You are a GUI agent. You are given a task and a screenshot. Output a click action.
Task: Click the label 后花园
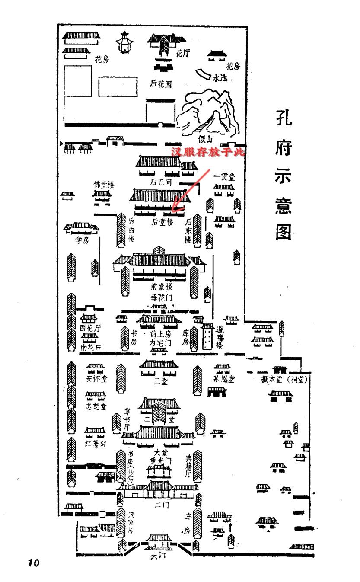click(x=161, y=84)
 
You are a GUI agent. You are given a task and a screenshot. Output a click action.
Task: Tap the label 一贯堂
click(x=225, y=176)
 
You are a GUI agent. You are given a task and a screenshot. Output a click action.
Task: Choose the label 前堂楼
click(x=161, y=286)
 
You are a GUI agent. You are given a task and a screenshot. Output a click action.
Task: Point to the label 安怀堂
click(x=97, y=379)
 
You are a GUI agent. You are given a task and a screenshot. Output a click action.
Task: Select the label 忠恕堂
click(x=96, y=406)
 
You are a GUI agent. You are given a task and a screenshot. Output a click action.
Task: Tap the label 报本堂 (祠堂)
click(x=284, y=379)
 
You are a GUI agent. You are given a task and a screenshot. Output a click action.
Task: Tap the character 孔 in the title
click(x=284, y=118)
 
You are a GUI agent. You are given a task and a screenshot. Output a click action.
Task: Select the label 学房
click(x=82, y=240)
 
